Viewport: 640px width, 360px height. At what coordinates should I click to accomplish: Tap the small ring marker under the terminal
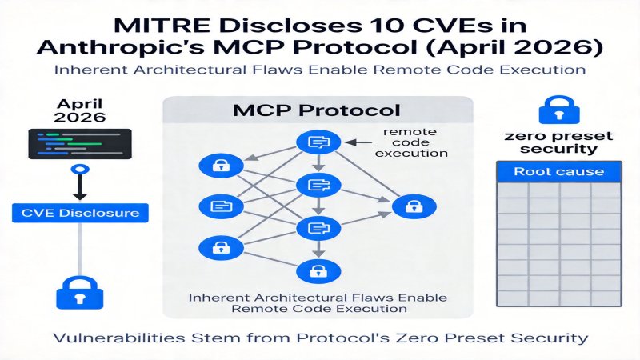pyautogui.click(x=77, y=170)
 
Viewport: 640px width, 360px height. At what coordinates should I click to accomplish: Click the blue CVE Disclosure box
pyautogui.click(x=77, y=213)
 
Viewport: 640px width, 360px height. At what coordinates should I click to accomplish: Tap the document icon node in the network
pyautogui.click(x=218, y=206)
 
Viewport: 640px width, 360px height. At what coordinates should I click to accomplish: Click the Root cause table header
pyautogui.click(x=558, y=171)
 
